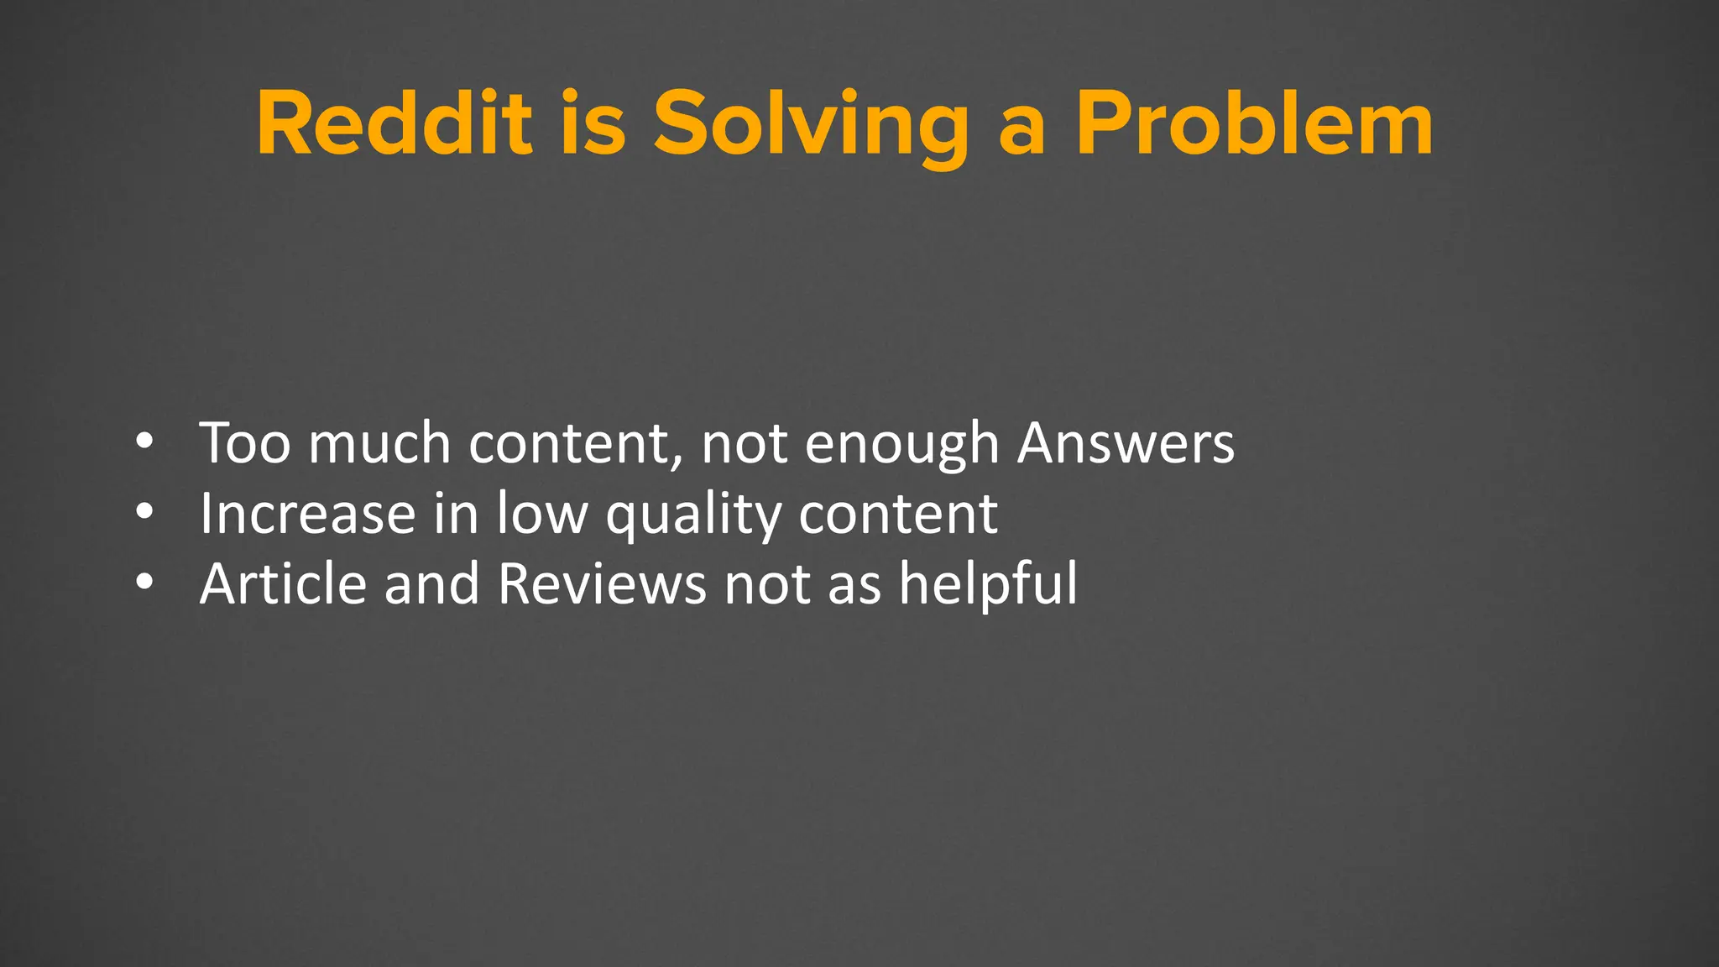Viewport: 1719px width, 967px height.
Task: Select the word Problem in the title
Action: (1255, 124)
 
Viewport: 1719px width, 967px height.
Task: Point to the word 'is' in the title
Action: (593, 124)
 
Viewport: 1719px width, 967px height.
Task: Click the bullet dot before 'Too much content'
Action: (144, 442)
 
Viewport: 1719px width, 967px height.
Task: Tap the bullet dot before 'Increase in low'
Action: (144, 512)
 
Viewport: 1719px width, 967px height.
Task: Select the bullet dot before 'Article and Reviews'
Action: (144, 583)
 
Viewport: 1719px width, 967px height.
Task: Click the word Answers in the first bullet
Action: (1126, 443)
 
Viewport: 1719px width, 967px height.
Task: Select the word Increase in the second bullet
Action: (307, 514)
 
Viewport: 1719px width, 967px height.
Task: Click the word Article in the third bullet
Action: (283, 583)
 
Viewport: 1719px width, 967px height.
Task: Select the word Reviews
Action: (602, 583)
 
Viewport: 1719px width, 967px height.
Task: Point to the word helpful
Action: (988, 583)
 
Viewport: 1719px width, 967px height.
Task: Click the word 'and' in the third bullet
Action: (431, 583)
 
